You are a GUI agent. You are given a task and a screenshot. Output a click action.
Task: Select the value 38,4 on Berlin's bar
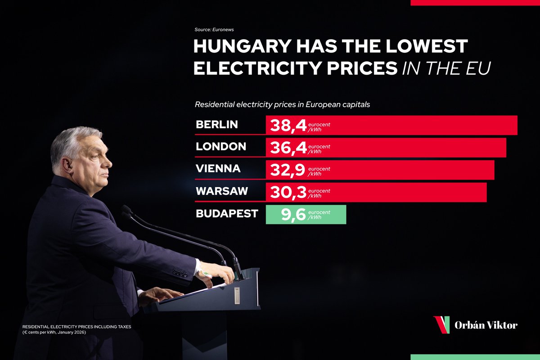288,126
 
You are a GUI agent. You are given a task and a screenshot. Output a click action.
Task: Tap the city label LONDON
221,146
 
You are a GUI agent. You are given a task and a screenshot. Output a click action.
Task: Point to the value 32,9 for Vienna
288,170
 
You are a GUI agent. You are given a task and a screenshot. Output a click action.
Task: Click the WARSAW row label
222,191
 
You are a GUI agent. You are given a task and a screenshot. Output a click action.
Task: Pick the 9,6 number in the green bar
294,215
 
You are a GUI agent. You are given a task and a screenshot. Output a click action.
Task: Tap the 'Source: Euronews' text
214,29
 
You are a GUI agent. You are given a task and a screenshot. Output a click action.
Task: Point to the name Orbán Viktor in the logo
486,325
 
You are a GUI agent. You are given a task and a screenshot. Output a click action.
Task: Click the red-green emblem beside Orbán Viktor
441,324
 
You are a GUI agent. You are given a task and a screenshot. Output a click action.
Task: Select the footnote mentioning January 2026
76,329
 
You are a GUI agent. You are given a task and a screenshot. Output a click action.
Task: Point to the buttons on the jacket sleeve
180,273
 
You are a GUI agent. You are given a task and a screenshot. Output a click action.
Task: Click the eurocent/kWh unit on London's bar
319,149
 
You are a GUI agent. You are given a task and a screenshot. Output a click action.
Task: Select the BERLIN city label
216,125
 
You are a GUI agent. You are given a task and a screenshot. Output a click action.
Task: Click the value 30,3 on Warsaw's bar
288,192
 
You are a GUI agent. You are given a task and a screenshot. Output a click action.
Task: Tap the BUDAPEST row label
227,213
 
